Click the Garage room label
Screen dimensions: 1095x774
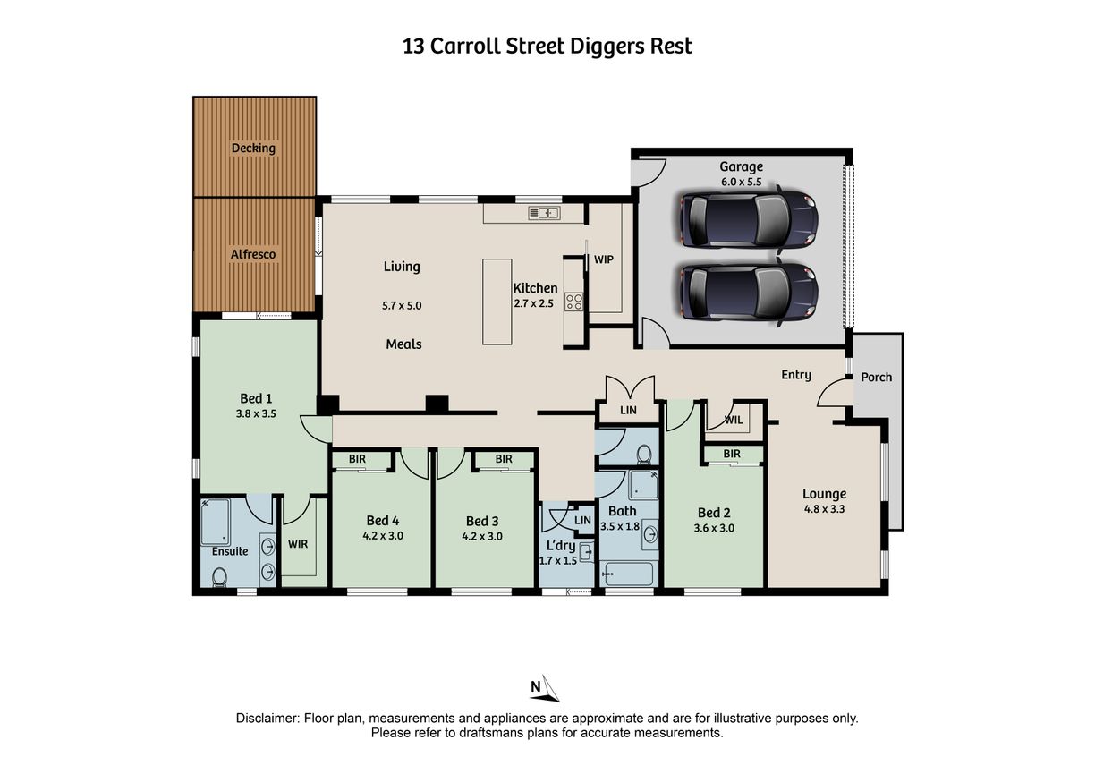(x=741, y=167)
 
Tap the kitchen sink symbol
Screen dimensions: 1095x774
(x=544, y=213)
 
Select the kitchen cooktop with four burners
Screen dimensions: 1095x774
(x=574, y=302)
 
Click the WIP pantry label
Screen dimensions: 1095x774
(x=603, y=259)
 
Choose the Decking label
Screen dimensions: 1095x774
(x=253, y=149)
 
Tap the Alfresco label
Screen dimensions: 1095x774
(x=253, y=254)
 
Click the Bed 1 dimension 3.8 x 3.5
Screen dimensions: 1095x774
(x=256, y=413)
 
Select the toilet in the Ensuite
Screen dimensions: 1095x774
(x=219, y=576)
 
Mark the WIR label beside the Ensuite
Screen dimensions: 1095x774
(x=298, y=544)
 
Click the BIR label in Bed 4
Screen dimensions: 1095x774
(x=357, y=459)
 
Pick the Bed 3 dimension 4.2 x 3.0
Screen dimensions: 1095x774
(x=482, y=536)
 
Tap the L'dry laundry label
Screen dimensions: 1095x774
(x=561, y=546)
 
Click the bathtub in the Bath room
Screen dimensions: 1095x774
(x=629, y=574)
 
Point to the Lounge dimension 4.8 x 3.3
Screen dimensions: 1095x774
(x=824, y=509)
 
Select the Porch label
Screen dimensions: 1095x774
(x=876, y=378)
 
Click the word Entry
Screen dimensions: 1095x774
(x=796, y=375)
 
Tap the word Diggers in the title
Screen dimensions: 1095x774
(x=607, y=47)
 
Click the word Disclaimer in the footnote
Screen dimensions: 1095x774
(x=267, y=719)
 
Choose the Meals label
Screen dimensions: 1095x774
(x=403, y=344)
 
